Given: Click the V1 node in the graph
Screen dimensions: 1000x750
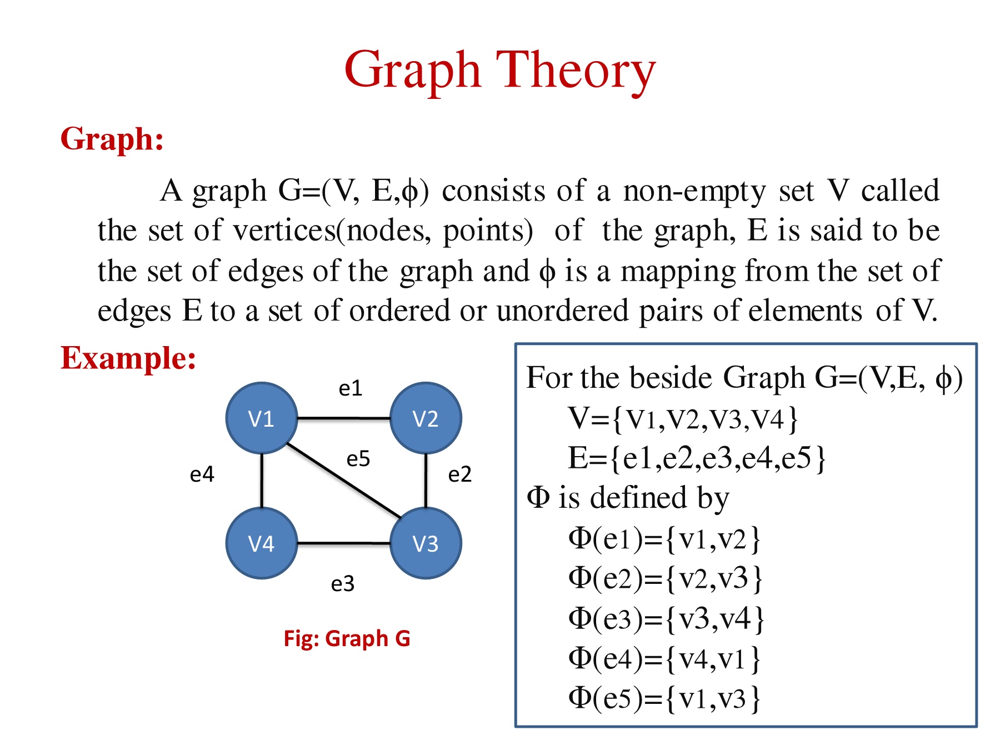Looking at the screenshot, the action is (262, 418).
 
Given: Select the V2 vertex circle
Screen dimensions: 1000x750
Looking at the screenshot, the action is (426, 418).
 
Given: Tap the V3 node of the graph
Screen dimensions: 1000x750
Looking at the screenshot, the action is (426, 543).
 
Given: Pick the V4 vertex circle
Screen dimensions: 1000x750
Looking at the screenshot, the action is (262, 543).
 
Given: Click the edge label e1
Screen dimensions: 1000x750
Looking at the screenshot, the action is (351, 388).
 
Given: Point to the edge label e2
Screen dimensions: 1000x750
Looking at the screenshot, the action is (460, 474).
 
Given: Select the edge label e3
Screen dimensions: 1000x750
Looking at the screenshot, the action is (343, 584).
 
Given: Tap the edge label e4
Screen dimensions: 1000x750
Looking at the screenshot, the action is (202, 474).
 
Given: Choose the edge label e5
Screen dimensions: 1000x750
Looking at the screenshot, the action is (358, 459).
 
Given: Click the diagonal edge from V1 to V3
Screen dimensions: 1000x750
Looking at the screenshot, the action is (344, 481).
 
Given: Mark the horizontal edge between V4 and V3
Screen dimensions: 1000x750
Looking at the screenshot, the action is (344, 543).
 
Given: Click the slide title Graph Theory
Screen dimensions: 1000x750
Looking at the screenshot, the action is (500, 71).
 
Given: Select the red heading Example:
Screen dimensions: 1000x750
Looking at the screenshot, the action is (128, 358).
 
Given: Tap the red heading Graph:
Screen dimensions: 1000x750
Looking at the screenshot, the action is (112, 138).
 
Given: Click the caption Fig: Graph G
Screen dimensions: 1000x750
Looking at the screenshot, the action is (347, 638).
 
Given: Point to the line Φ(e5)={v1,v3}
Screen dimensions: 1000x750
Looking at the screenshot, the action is (664, 698).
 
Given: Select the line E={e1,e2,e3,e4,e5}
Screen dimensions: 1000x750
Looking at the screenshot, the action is (697, 458).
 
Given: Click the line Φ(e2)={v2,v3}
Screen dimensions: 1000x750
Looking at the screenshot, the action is (666, 578).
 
